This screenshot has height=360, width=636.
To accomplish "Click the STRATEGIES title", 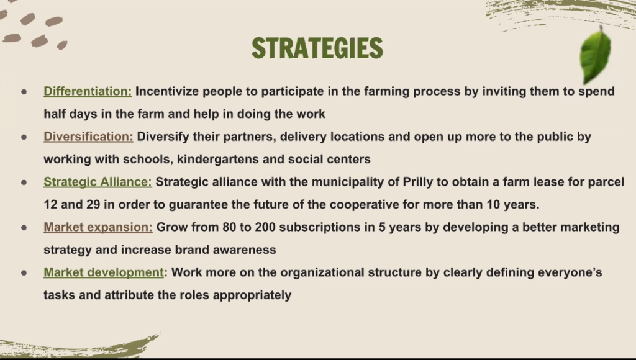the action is (x=317, y=48).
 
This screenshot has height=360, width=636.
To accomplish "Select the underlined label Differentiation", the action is (x=88, y=92).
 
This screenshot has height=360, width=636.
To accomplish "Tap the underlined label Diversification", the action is (x=88, y=137).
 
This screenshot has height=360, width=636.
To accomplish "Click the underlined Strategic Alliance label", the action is (x=98, y=182).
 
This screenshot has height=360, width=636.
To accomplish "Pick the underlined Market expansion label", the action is (x=98, y=227).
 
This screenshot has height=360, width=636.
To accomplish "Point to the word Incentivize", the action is (x=167, y=91).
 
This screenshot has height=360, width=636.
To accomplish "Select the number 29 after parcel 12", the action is (x=93, y=204).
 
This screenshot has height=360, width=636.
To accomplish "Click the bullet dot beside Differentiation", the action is (x=24, y=92).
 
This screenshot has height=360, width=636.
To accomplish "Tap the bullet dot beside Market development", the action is (x=24, y=273).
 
